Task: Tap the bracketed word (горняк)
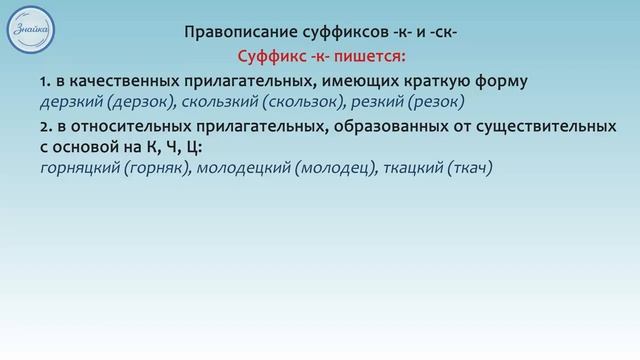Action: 155,169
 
